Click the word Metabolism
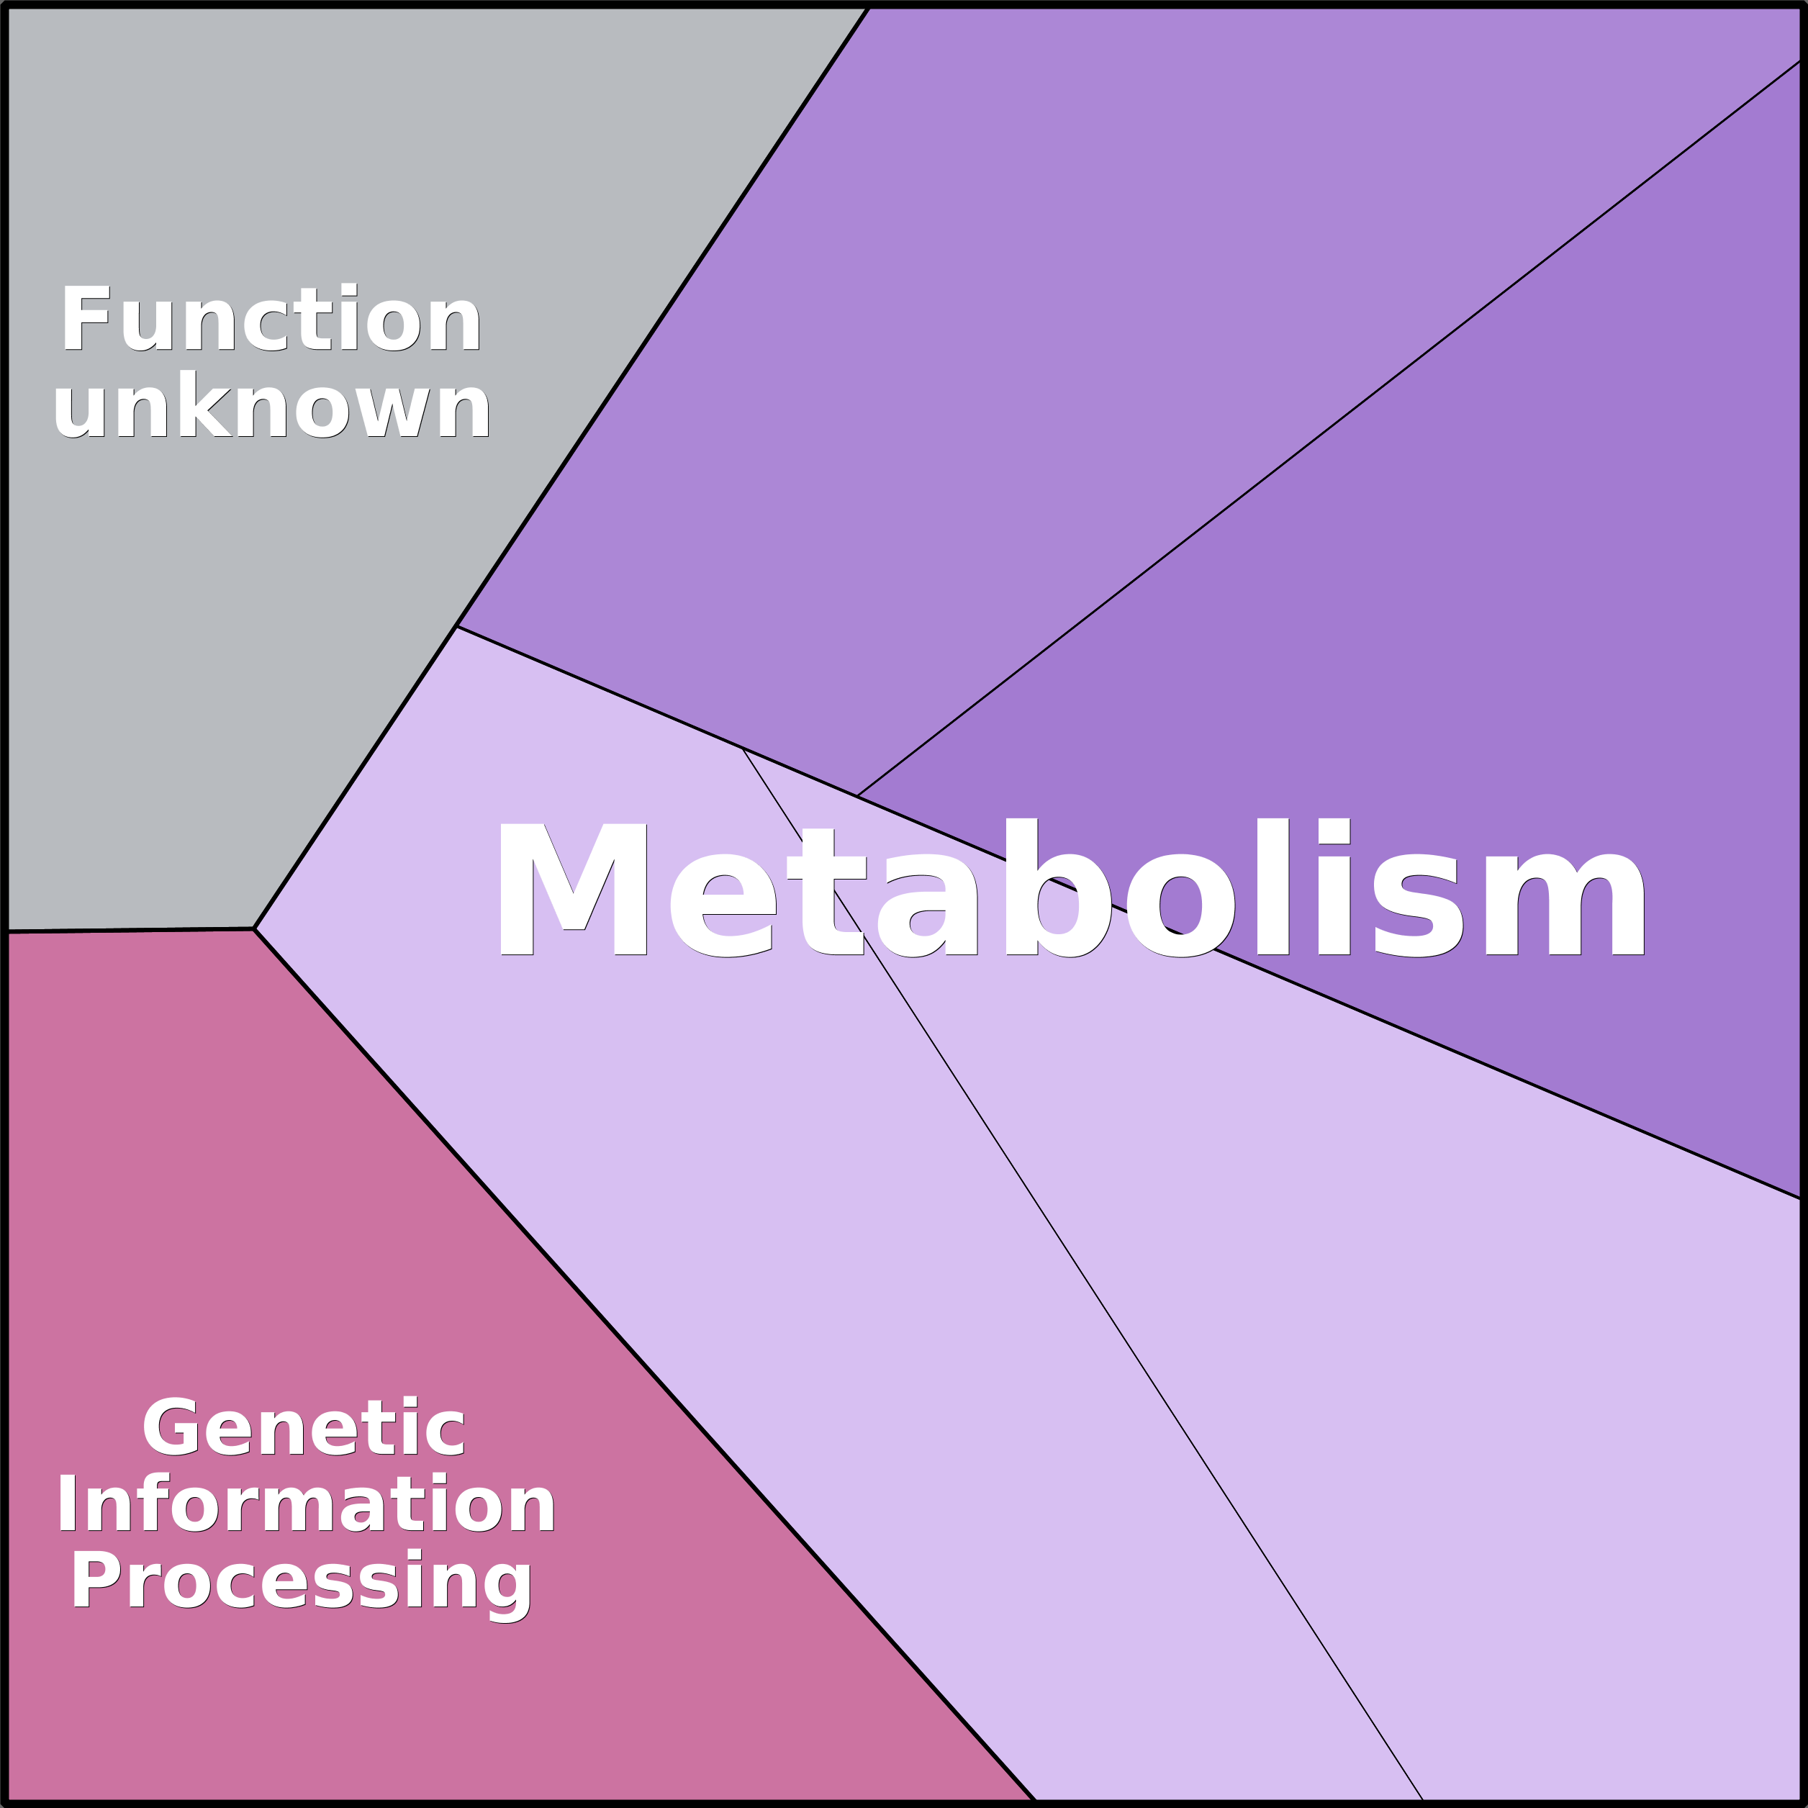click(x=1072, y=887)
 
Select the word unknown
click(x=271, y=404)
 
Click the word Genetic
click(x=303, y=1427)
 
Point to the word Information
click(x=306, y=1504)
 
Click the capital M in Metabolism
click(x=574, y=889)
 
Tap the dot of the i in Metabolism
click(x=1334, y=830)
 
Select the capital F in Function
click(x=86, y=317)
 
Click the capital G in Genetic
click(x=171, y=1427)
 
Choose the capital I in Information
click(x=66, y=1504)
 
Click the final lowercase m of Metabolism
click(x=1564, y=904)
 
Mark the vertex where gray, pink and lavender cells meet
click(x=253, y=929)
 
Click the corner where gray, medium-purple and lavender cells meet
click(x=456, y=626)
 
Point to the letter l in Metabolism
click(x=1273, y=887)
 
